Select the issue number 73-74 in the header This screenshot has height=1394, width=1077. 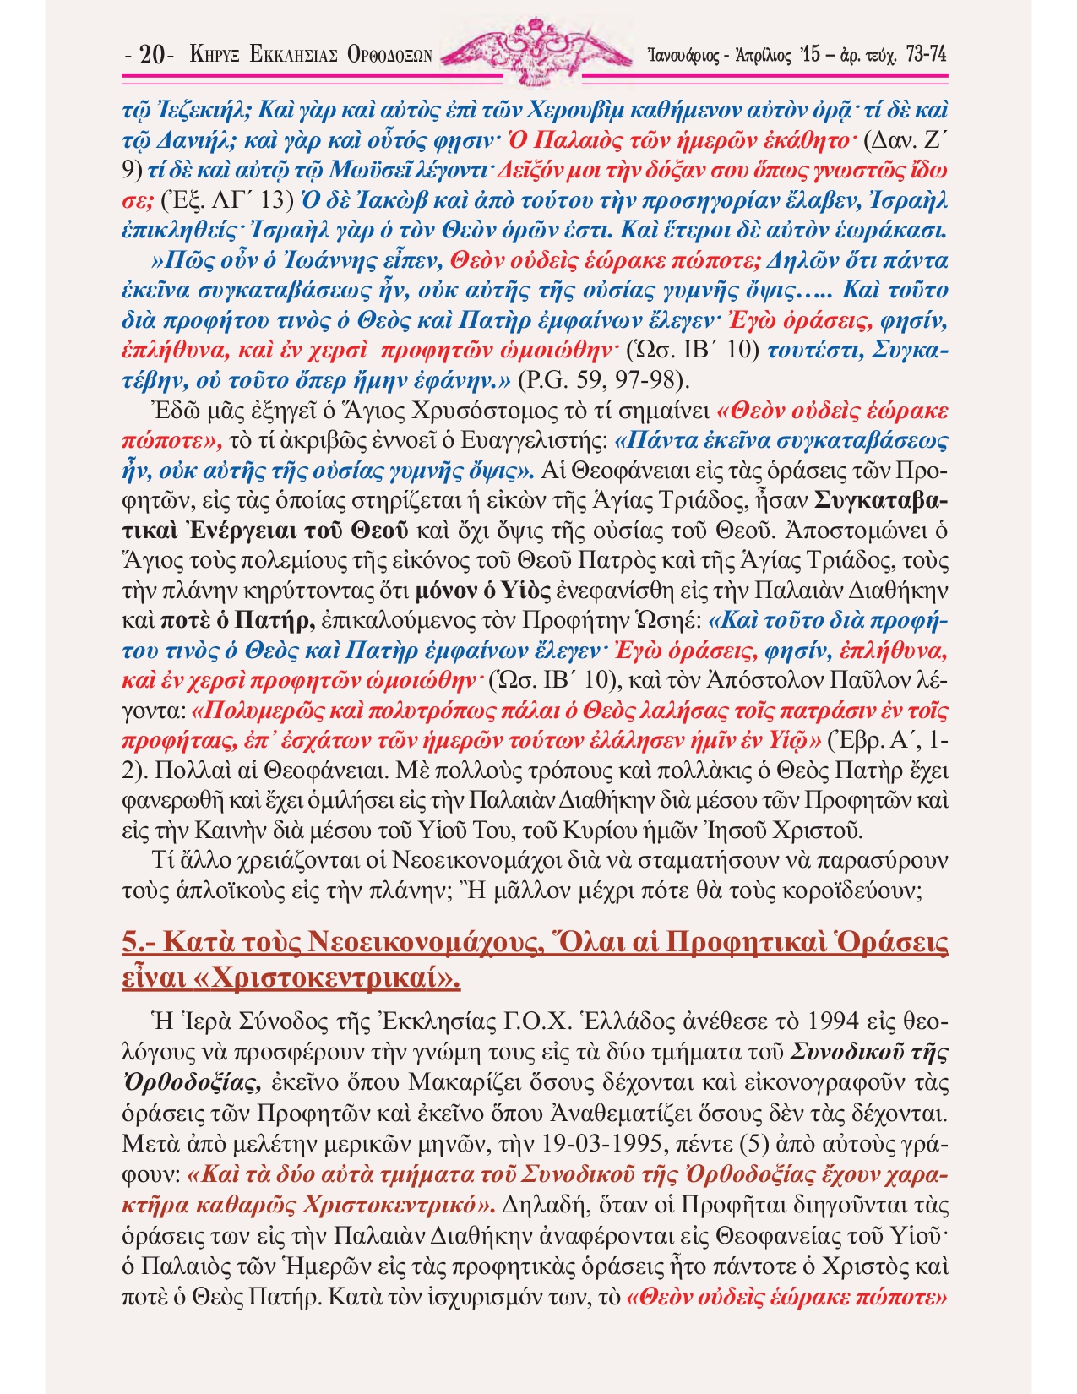pyautogui.click(x=924, y=55)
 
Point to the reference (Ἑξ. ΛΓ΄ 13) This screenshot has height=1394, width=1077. pyautogui.click(x=226, y=201)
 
